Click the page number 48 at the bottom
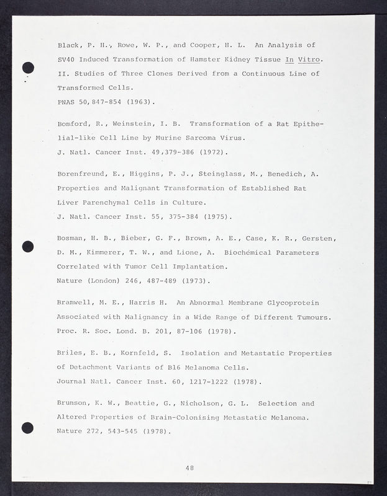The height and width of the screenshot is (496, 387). (x=189, y=468)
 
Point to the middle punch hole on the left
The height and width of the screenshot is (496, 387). (x=27, y=246)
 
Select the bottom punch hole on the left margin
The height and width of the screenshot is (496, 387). (x=27, y=427)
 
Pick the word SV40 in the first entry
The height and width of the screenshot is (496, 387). (x=66, y=60)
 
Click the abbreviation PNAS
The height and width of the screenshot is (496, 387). (x=66, y=101)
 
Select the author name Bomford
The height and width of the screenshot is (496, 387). (x=73, y=124)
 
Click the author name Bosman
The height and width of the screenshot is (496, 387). (x=71, y=239)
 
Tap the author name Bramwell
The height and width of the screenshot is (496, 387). (x=76, y=303)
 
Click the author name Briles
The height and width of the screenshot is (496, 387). (x=71, y=353)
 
